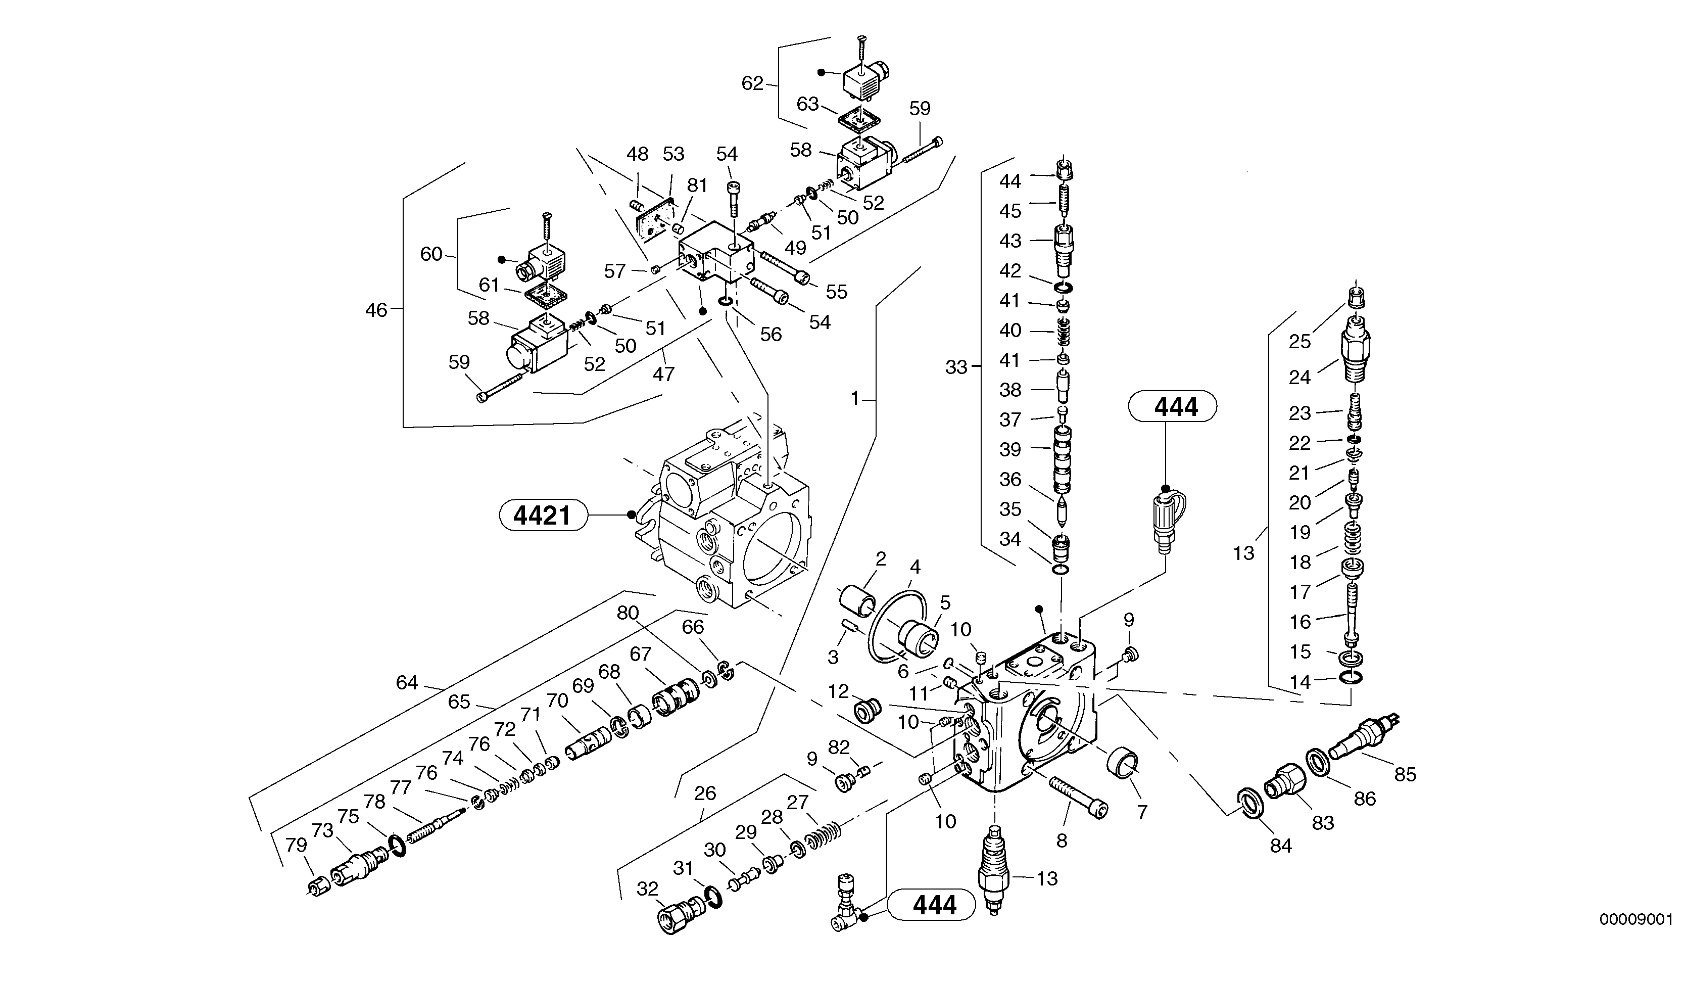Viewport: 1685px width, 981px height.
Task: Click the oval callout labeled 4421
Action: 543,516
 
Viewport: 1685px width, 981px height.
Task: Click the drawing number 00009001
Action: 1635,919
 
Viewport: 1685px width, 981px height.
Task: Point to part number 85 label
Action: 1405,774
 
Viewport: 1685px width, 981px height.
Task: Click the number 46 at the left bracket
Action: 376,310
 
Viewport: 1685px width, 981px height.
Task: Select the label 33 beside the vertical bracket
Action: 956,366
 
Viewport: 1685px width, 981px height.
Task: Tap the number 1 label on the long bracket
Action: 854,399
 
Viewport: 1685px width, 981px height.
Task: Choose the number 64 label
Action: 407,682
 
